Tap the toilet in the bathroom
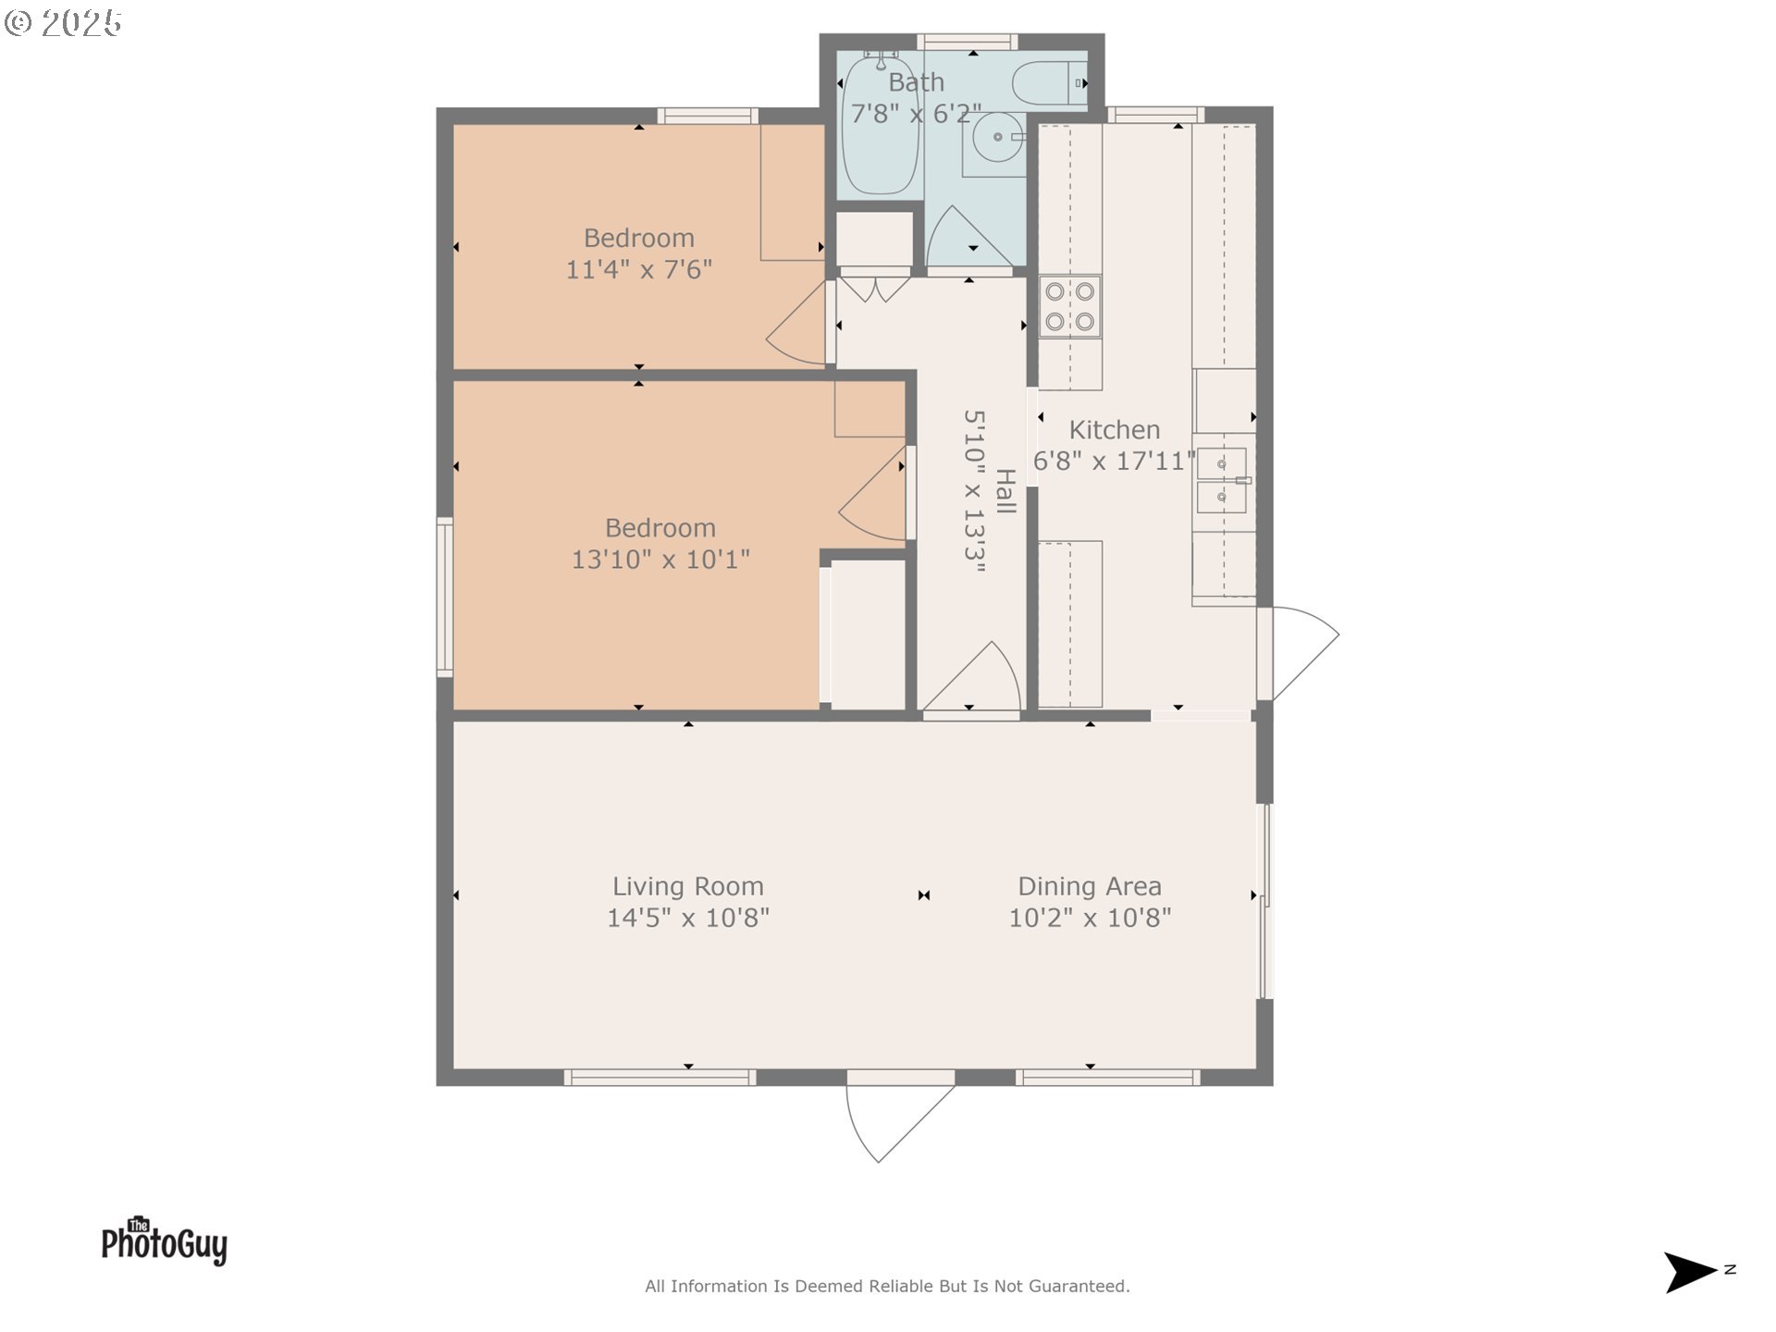coord(1050,82)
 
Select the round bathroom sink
coord(997,137)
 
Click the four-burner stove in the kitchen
coord(1069,306)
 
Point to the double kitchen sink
coord(1221,480)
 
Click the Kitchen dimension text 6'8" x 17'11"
coord(1114,461)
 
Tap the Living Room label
coord(687,886)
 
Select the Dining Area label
coord(1089,886)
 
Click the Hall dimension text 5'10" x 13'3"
coord(974,491)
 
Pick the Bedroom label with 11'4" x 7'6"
coord(638,238)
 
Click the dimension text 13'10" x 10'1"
coord(660,559)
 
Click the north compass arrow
coord(1689,1272)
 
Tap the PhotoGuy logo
coord(164,1241)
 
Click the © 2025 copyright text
coord(63,23)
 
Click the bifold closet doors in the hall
coord(874,288)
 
